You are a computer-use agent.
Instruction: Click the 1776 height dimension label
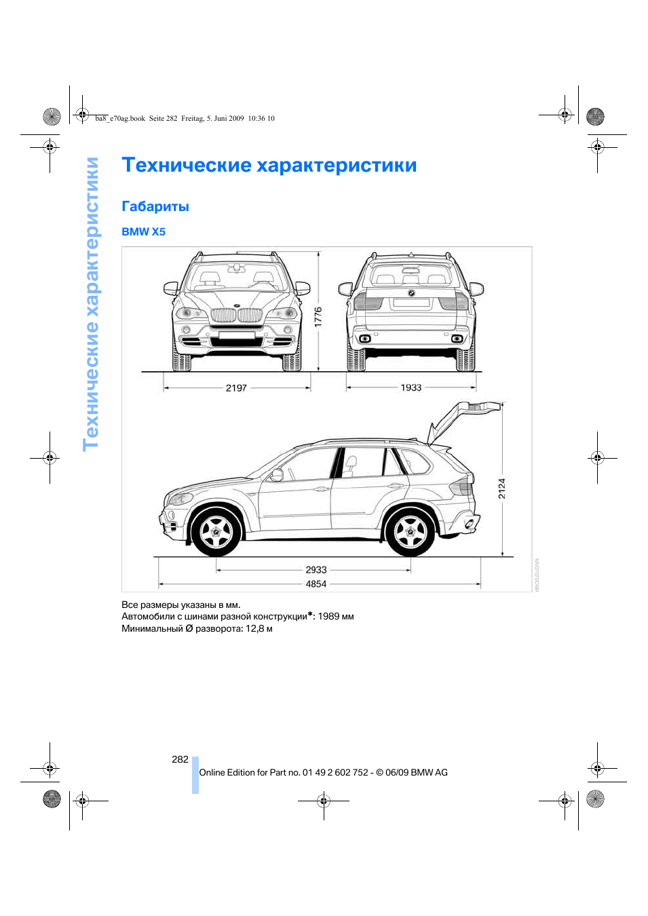pyautogui.click(x=318, y=317)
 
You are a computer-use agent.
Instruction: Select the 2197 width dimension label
pyautogui.click(x=236, y=388)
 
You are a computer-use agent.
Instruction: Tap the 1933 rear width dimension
pyautogui.click(x=411, y=387)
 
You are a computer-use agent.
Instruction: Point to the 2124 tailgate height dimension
pyautogui.click(x=502, y=488)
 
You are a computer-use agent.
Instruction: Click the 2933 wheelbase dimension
pyautogui.click(x=316, y=570)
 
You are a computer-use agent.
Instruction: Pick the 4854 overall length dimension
pyautogui.click(x=316, y=584)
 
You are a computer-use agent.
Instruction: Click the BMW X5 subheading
pyautogui.click(x=143, y=232)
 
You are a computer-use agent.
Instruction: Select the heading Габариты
pyautogui.click(x=155, y=207)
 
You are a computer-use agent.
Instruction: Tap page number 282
pyautogui.click(x=180, y=759)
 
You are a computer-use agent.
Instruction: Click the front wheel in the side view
pyautogui.click(x=216, y=532)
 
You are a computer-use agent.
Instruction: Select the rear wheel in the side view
pyautogui.click(x=410, y=532)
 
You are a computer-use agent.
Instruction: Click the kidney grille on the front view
pyautogui.click(x=236, y=315)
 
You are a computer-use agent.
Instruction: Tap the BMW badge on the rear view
pyautogui.click(x=411, y=294)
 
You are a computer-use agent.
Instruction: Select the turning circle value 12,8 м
pyautogui.click(x=259, y=629)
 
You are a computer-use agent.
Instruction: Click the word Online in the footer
pyautogui.click(x=212, y=773)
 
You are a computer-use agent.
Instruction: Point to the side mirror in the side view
pyautogui.click(x=277, y=475)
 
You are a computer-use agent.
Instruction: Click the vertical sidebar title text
pyautogui.click(x=91, y=304)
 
